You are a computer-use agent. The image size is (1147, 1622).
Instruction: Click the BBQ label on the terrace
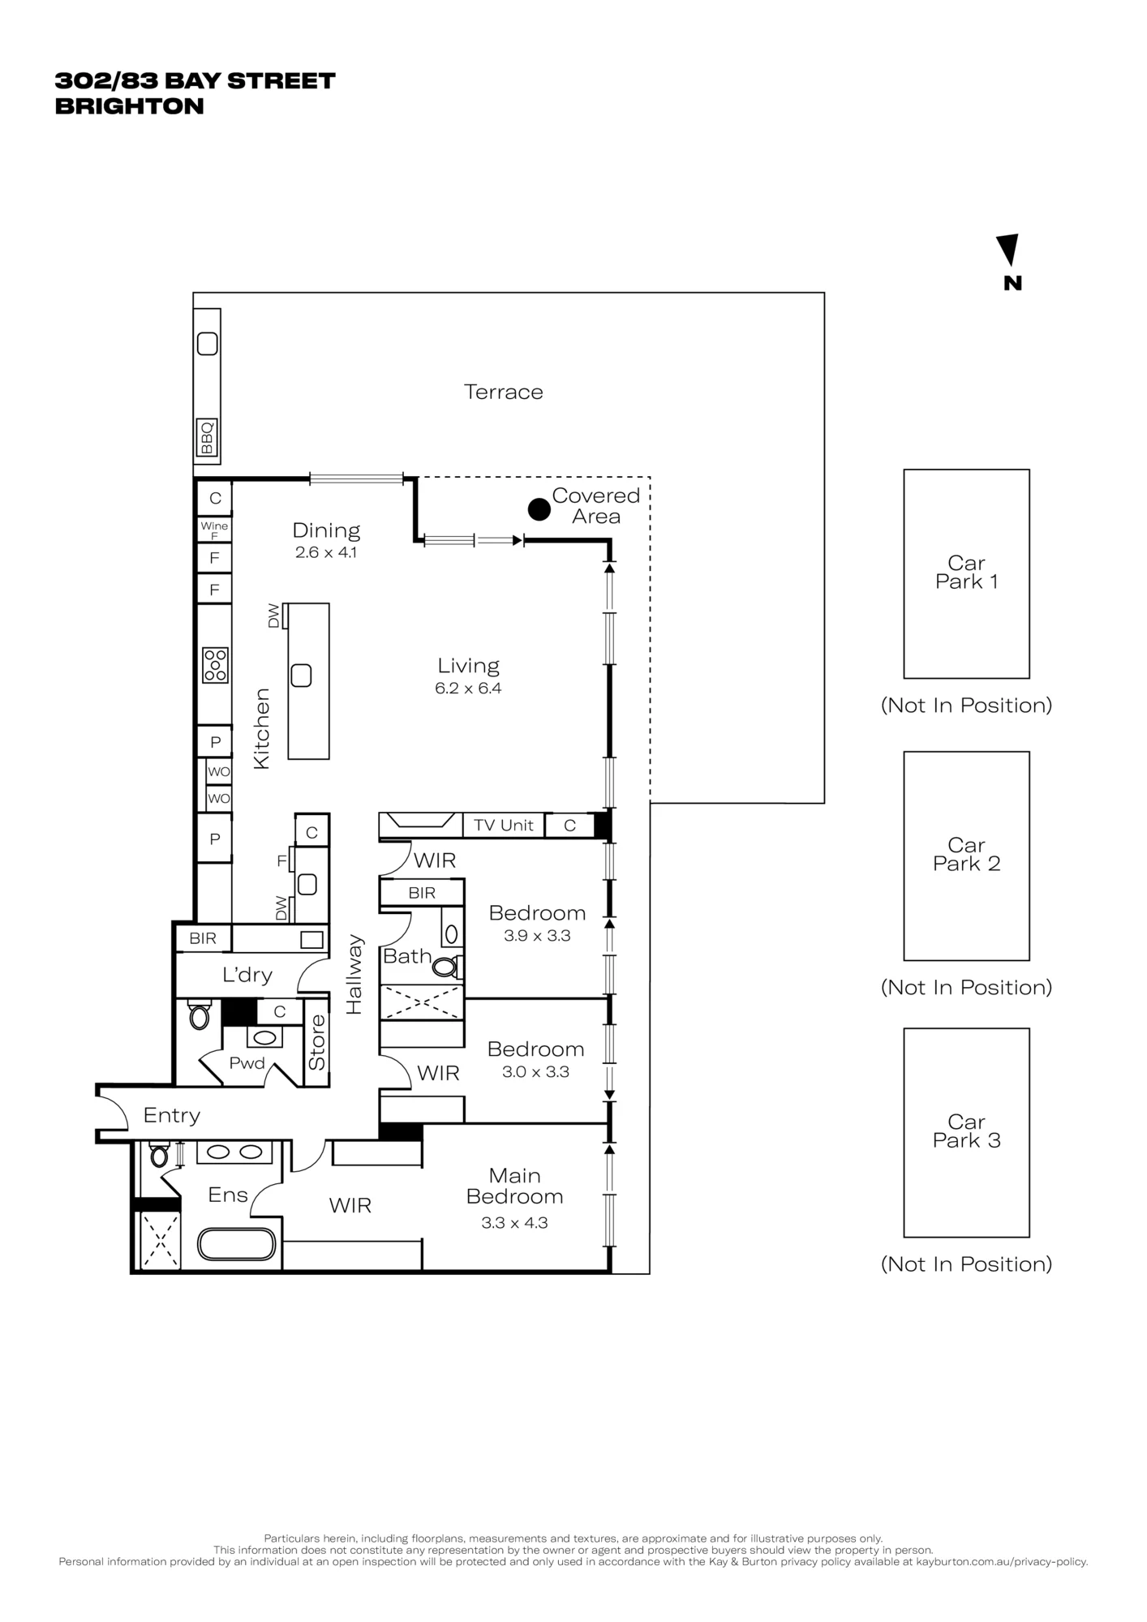[x=207, y=438]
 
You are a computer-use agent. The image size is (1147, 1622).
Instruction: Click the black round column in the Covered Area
[x=539, y=509]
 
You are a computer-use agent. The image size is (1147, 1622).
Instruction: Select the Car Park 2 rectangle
[x=966, y=856]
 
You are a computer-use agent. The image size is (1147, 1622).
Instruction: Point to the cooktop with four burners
[x=215, y=665]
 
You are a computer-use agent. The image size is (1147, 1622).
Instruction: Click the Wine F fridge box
[x=214, y=530]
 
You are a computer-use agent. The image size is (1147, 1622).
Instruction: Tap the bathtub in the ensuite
[x=237, y=1244]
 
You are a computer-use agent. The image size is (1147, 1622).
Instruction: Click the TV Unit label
[x=504, y=825]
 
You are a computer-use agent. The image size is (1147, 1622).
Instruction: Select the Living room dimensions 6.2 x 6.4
[x=468, y=689]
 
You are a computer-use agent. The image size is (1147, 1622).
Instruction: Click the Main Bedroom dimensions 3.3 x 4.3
[x=514, y=1223]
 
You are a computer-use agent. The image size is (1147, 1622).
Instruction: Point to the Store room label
[x=316, y=1042]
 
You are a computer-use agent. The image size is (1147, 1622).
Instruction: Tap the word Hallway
[x=354, y=974]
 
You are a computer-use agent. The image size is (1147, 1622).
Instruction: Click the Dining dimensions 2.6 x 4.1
[x=325, y=552]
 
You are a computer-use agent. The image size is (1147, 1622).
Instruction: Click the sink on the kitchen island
[x=301, y=675]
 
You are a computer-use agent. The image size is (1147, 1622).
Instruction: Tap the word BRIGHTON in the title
[x=129, y=106]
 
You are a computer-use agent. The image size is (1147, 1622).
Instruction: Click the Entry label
[x=171, y=1115]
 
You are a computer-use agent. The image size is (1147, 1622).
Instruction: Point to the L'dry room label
[x=247, y=975]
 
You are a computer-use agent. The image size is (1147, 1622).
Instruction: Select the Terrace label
[x=503, y=392]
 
